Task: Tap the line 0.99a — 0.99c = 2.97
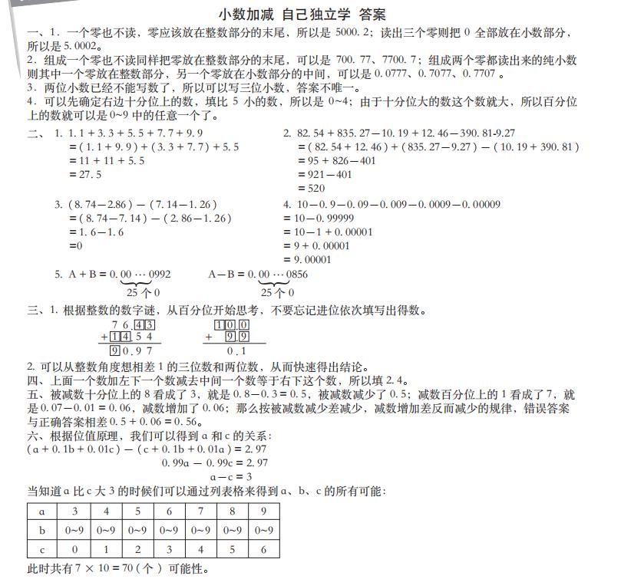click(x=216, y=462)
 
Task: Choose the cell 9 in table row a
click(x=263, y=511)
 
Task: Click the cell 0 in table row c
click(x=74, y=550)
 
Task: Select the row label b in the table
click(x=42, y=530)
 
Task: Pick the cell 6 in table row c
click(x=263, y=550)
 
